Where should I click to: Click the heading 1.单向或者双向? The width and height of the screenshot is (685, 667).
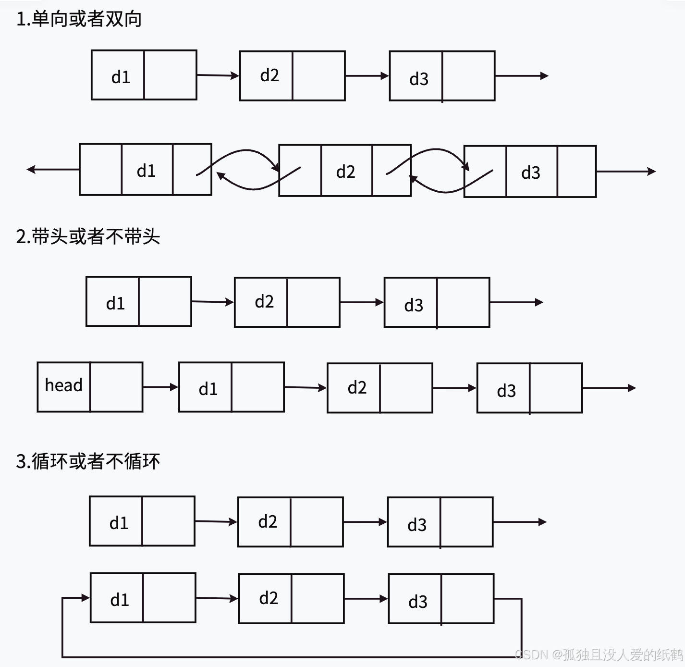point(79,19)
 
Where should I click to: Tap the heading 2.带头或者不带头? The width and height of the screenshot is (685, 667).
point(88,236)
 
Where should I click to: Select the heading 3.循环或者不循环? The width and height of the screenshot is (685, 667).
point(88,461)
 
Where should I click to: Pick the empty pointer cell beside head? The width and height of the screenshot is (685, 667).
point(116,387)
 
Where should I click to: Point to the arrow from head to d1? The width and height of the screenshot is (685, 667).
point(160,387)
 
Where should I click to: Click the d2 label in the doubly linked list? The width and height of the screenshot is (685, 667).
point(346,172)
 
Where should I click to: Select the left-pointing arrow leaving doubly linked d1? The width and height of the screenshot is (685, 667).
point(53,169)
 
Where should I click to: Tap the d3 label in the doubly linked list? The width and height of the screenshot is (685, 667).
point(531,173)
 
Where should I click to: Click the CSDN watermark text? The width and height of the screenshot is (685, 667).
point(599,655)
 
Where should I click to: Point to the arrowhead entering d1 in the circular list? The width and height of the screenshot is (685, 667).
point(86,598)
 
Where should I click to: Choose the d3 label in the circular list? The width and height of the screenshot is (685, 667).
point(418,602)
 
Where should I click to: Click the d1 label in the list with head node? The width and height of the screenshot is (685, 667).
point(208,389)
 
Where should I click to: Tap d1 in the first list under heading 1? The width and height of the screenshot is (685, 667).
point(121,77)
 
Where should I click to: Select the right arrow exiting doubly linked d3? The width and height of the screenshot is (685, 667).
point(626,172)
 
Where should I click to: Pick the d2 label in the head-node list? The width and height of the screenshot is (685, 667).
point(357,387)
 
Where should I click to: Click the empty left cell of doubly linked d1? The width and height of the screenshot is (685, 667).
point(101,169)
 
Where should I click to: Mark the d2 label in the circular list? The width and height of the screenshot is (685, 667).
point(269,598)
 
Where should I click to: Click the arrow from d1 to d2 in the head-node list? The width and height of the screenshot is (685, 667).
point(306,387)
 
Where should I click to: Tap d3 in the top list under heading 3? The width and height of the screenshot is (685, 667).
point(417,525)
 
